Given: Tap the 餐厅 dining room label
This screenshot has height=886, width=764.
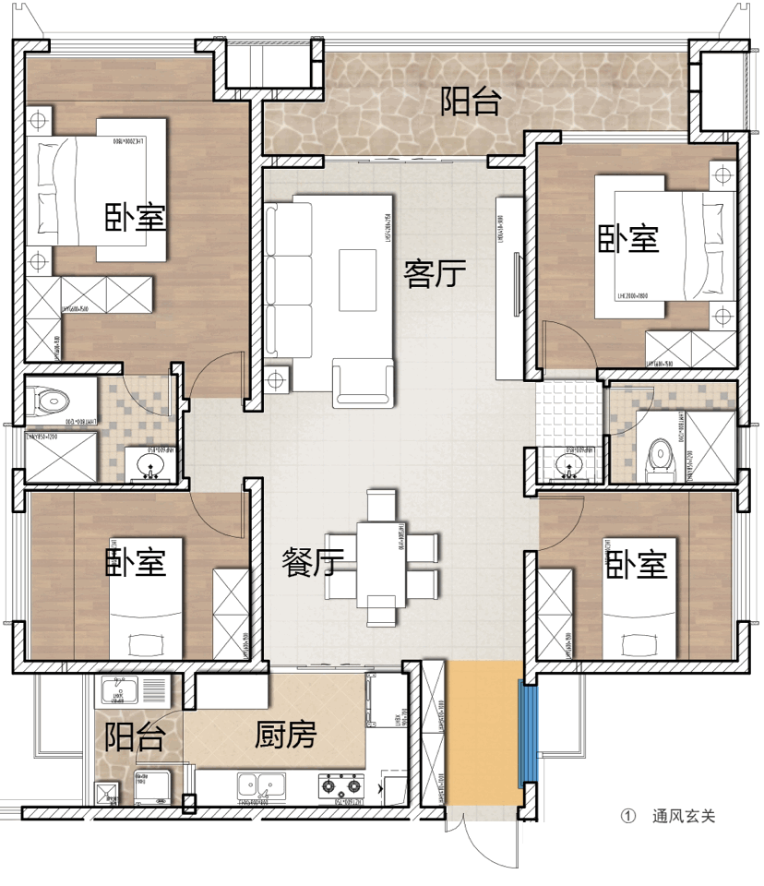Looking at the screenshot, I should tap(313, 562).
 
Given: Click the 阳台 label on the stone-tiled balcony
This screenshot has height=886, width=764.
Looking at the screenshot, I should tap(471, 102).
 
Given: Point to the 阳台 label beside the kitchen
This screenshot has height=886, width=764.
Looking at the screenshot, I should tap(135, 737).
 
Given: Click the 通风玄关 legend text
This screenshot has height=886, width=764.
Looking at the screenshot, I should tap(684, 817).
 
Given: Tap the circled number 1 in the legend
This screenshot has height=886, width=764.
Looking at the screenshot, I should tap(630, 817).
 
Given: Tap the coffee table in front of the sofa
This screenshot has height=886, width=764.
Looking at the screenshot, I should tap(358, 279).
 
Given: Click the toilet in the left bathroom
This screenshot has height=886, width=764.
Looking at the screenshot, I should tap(52, 400).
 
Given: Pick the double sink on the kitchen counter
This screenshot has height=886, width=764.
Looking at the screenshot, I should tap(259, 785).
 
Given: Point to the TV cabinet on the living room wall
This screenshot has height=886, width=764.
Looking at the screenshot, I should tap(508, 287).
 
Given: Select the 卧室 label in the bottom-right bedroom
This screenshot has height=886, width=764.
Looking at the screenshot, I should tap(637, 565).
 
